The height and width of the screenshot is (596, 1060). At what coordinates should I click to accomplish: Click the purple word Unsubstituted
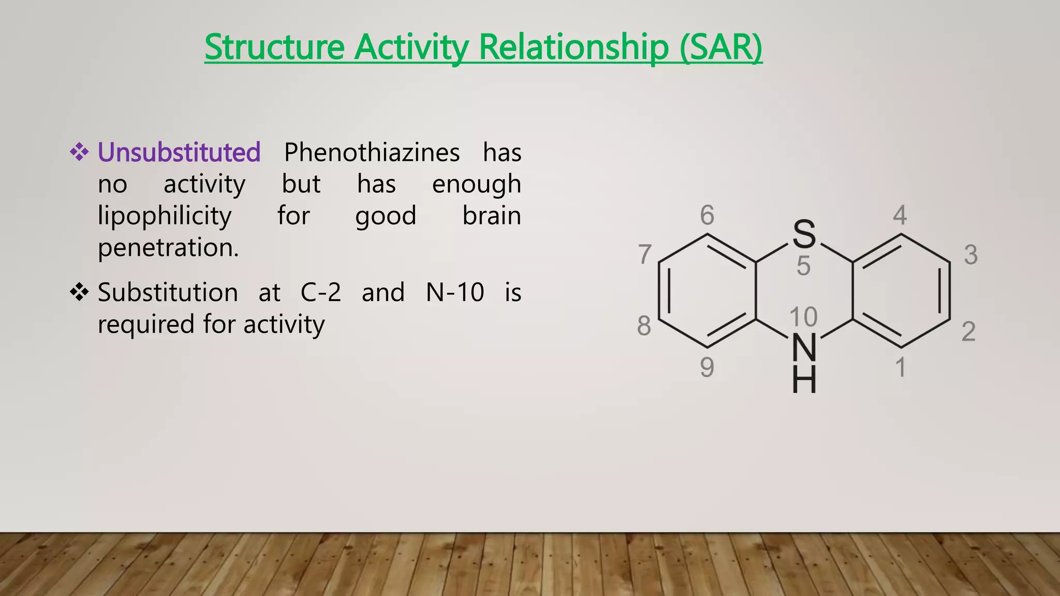(179, 153)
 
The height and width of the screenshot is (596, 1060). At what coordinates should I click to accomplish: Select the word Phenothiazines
(372, 153)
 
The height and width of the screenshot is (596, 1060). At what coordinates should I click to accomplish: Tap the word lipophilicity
(165, 216)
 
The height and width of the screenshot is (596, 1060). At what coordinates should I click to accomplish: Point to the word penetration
(168, 247)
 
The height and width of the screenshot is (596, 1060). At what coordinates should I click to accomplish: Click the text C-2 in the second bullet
(320, 292)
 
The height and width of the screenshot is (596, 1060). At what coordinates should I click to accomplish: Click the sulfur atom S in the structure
(804, 234)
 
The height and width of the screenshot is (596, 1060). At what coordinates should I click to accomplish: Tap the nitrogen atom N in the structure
(804, 348)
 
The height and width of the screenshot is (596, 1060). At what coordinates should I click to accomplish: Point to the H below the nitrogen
(804, 380)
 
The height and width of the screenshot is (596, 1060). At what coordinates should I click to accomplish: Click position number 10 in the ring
(803, 317)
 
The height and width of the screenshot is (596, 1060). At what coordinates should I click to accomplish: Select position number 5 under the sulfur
(803, 266)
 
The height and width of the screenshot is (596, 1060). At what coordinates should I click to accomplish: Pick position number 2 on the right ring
(968, 331)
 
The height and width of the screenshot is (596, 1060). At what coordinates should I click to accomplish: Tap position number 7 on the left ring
(644, 255)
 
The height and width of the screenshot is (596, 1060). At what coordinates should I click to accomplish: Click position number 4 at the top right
(900, 215)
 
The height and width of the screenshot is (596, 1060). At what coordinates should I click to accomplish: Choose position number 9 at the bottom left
(707, 367)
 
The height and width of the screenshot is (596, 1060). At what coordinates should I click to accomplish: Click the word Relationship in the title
(573, 47)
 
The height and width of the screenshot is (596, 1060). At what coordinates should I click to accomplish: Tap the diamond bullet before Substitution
(79, 292)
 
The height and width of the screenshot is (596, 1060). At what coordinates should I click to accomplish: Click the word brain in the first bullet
(491, 216)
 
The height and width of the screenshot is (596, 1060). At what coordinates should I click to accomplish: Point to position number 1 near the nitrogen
(901, 367)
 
